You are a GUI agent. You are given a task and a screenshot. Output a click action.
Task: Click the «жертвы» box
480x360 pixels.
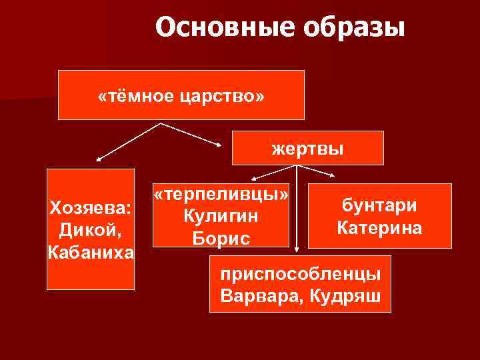click(x=307, y=148)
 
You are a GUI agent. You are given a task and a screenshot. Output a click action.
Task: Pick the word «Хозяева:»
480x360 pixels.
click(x=90, y=209)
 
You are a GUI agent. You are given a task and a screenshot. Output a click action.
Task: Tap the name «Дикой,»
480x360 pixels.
click(x=90, y=231)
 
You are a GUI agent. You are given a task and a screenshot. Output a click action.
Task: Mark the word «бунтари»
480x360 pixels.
click(x=379, y=205)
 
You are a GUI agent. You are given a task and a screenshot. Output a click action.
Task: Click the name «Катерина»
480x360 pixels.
click(x=379, y=228)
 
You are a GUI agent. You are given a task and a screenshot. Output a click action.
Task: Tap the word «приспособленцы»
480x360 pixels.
click(x=301, y=273)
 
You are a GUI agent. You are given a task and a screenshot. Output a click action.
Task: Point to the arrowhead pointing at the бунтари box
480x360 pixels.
click(x=333, y=176)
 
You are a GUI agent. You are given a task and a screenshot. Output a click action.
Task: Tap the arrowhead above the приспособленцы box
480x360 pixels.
click(x=297, y=250)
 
